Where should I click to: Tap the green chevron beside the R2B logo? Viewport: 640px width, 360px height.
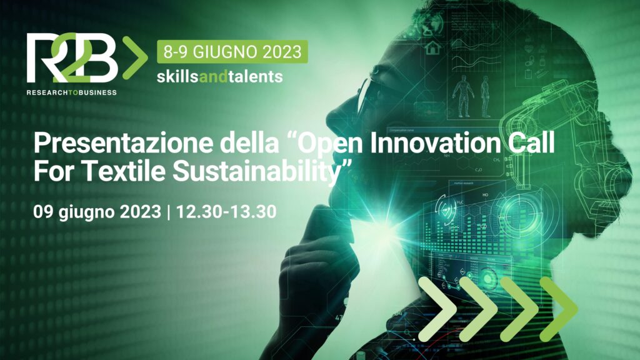(135, 58)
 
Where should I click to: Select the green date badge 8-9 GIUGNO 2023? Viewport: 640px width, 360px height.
(232, 52)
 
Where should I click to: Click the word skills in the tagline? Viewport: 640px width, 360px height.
(177, 76)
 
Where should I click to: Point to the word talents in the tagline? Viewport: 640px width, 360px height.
(256, 76)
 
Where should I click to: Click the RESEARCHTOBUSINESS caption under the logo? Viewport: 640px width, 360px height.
(72, 92)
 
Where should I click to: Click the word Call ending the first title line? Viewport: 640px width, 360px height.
(531, 143)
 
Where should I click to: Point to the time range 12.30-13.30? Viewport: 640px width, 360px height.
(226, 211)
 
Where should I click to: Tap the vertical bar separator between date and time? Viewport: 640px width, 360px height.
(169, 212)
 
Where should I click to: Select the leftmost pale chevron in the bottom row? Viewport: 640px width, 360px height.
(437, 309)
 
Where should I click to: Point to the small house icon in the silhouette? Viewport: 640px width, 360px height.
(433, 47)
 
